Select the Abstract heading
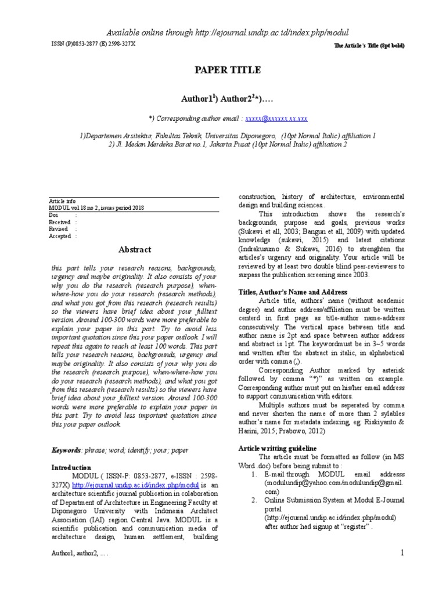click(135, 250)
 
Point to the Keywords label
click(66, 450)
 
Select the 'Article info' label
click(62, 200)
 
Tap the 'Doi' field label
click(53, 215)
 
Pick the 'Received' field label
click(59, 222)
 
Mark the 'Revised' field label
click(58, 229)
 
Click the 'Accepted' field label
click(60, 236)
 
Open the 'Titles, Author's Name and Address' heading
click(293, 292)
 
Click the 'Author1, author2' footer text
click(80, 555)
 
